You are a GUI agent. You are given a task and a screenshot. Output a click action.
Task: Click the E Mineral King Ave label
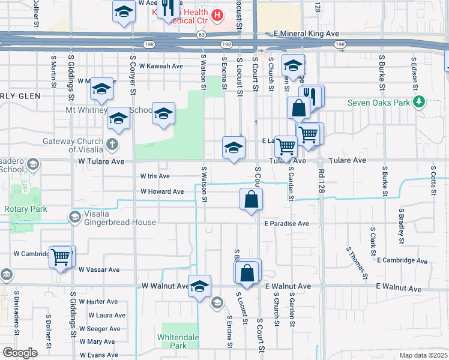pos(306,34)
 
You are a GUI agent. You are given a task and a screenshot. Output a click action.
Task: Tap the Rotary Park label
pos(21,209)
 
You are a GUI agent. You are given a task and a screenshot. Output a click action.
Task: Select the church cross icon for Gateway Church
pos(112,144)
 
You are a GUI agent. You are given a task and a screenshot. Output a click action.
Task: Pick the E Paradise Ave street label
pos(286,223)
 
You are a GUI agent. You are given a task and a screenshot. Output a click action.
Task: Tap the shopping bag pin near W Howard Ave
pos(251,199)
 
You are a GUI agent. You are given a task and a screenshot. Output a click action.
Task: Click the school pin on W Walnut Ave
pos(200,286)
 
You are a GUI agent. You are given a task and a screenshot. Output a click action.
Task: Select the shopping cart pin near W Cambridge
pos(61,257)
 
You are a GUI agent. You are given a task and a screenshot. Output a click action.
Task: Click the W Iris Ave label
pos(155,176)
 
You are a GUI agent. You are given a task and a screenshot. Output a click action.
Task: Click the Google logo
pos(20,353)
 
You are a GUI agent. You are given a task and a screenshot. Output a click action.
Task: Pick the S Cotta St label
pos(433,177)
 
